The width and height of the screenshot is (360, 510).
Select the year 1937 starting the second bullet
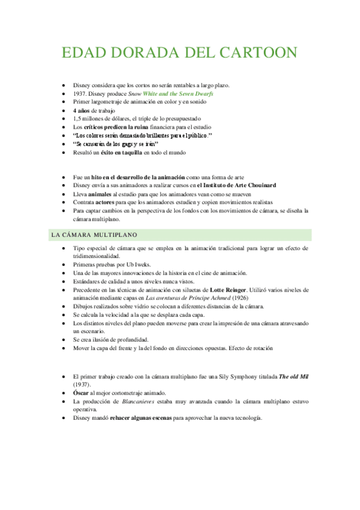pyautogui.click(x=80, y=94)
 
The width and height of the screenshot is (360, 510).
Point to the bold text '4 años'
pyautogui.click(x=83, y=111)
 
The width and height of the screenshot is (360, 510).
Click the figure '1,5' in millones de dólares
pyautogui.click(x=78, y=119)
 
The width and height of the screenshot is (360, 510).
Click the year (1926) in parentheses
pyautogui.click(x=238, y=298)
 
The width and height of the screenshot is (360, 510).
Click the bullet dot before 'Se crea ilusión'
pyautogui.click(x=64, y=340)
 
